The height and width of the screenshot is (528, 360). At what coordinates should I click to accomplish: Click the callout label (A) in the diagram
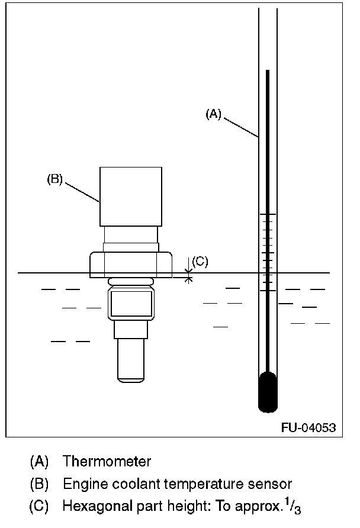[213, 114]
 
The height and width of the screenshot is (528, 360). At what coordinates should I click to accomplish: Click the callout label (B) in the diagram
[54, 179]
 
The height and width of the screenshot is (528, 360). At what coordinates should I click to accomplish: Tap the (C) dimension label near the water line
[200, 261]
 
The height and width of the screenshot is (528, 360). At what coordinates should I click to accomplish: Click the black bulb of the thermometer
[268, 392]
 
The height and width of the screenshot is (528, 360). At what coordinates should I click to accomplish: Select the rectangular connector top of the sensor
[131, 197]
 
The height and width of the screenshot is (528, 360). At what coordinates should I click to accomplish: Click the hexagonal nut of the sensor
[131, 265]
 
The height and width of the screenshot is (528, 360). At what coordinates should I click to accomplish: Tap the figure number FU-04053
[308, 427]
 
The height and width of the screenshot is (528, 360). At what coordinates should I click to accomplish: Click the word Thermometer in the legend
[107, 461]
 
